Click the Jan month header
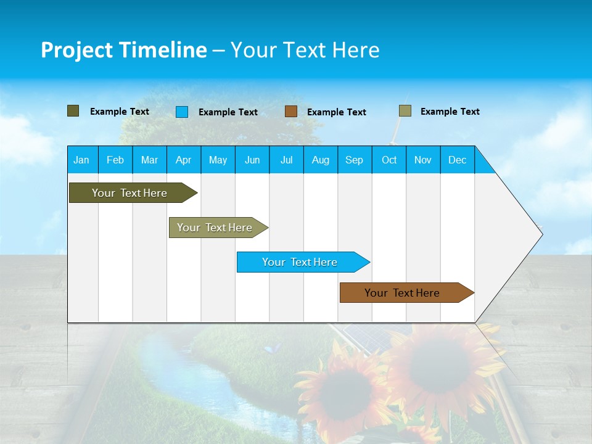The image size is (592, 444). coord(81,160)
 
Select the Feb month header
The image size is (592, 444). coord(115,160)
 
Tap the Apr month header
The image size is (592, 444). coord(183,160)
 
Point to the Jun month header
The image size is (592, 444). coord(252,160)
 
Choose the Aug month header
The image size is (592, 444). coord(320,160)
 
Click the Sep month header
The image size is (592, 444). coord(354,160)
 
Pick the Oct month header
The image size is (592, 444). coord(389,160)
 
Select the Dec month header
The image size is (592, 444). coord(457,160)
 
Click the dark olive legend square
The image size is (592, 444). coord(73,111)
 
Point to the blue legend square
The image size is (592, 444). coord(182,112)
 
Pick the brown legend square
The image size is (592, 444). coord(291,112)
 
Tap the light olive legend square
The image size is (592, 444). coord(405,111)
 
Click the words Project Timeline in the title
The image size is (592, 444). coord(123,50)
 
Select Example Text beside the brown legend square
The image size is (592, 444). coord(337,112)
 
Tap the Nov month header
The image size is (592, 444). coord(423,160)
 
